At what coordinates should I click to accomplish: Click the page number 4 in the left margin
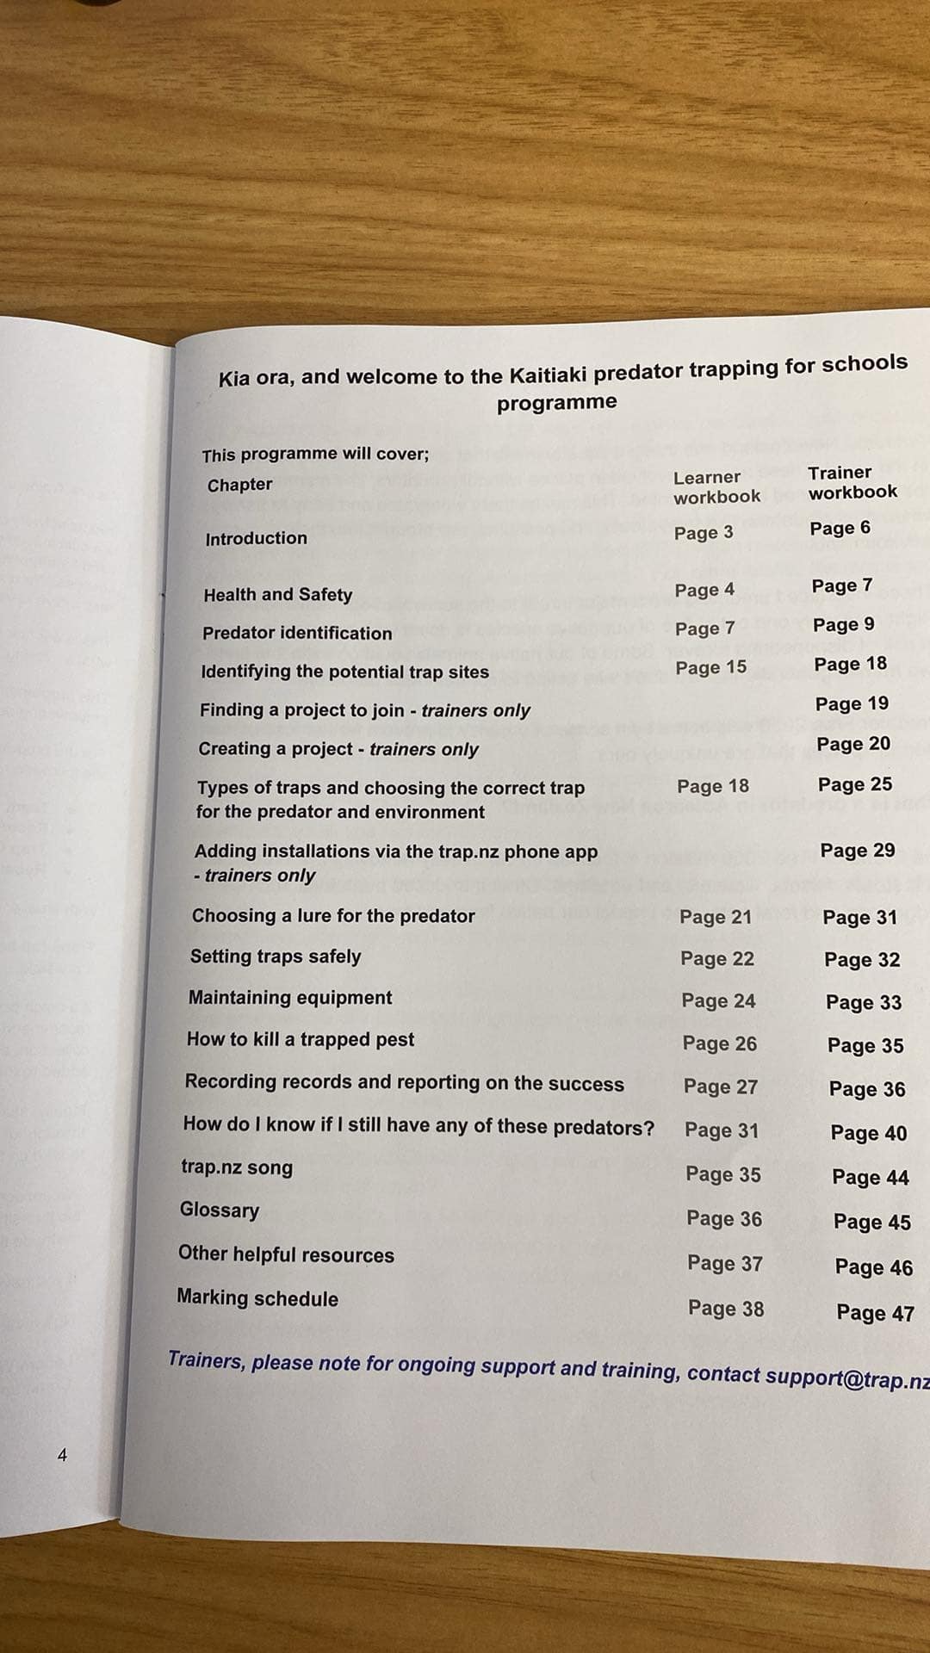(61, 1456)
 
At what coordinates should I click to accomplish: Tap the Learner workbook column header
(716, 487)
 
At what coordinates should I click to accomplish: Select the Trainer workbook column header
(852, 482)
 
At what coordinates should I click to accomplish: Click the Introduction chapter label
(256, 538)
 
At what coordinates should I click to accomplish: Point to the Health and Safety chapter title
(277, 594)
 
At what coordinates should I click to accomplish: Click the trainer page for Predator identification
(843, 624)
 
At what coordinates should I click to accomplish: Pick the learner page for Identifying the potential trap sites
(710, 667)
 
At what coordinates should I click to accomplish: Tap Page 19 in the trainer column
(851, 703)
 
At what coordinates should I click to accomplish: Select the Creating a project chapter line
(338, 749)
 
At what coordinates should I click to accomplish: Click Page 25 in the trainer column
(854, 784)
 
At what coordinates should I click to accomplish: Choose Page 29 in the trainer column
(857, 851)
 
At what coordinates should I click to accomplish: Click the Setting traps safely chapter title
(276, 957)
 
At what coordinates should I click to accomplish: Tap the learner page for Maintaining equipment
(718, 1000)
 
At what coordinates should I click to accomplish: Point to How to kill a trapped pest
(301, 1039)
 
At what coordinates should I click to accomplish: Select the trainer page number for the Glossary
(871, 1222)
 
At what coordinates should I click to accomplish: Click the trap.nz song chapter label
(237, 1167)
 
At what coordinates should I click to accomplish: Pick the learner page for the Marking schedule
(725, 1309)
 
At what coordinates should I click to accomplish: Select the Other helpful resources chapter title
(286, 1254)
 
